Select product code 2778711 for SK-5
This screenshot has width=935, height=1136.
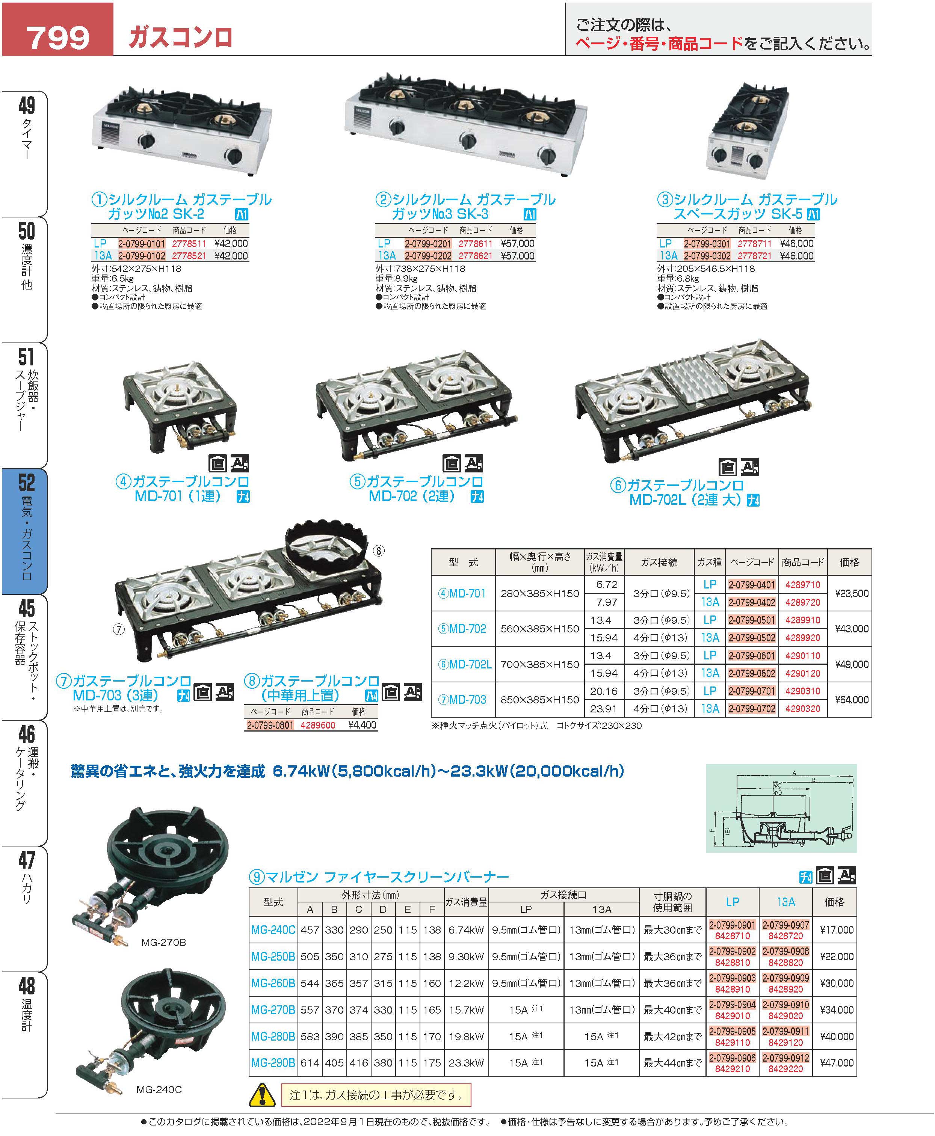(x=755, y=244)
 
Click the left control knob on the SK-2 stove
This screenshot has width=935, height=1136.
(x=147, y=142)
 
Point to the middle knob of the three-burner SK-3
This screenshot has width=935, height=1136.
(x=467, y=141)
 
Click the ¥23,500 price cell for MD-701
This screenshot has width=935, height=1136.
(x=852, y=593)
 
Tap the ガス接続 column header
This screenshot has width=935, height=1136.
(x=659, y=562)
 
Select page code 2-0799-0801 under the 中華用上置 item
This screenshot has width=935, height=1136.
(x=270, y=725)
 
